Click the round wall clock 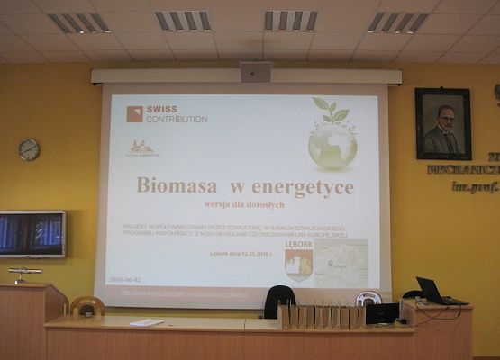click(x=29, y=150)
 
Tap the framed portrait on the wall click(x=442, y=124)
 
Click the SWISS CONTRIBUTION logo click(x=167, y=114)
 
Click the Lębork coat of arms click(x=298, y=263)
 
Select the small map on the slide click(x=341, y=262)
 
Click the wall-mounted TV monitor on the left click(x=32, y=234)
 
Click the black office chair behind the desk click(x=279, y=300)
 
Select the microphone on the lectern click(x=24, y=272)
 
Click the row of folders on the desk click(x=321, y=316)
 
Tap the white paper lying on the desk click(x=146, y=322)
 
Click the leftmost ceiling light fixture click(x=78, y=22)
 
